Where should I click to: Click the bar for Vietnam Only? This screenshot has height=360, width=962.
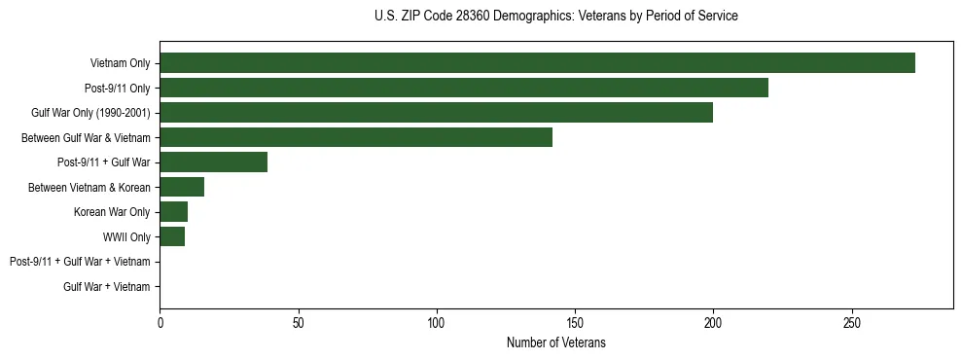pos(537,63)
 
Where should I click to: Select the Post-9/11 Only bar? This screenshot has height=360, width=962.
pos(464,89)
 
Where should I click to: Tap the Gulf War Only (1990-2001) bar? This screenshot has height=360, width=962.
pos(436,113)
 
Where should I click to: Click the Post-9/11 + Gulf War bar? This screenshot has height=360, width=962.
pos(213,162)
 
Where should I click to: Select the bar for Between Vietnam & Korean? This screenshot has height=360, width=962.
pos(182,187)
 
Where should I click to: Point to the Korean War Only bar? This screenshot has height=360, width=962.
pos(173,212)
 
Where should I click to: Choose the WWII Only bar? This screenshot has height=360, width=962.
pos(172,236)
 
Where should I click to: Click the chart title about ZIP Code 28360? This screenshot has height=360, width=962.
pos(555,17)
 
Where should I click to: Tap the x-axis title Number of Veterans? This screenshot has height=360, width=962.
pos(555,342)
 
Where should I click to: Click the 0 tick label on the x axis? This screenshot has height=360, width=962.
pos(160,323)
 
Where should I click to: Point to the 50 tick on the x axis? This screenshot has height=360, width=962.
pos(299,323)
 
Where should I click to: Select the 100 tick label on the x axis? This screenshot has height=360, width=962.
pos(437,323)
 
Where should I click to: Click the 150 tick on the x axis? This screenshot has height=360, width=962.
pos(575,323)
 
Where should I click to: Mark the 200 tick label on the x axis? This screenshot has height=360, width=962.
pos(713,323)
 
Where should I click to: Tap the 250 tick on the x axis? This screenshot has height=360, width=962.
pos(852,323)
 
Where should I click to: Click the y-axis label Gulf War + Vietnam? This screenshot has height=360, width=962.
pos(107,286)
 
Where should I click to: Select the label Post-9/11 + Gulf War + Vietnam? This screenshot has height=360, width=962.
pos(80,262)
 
